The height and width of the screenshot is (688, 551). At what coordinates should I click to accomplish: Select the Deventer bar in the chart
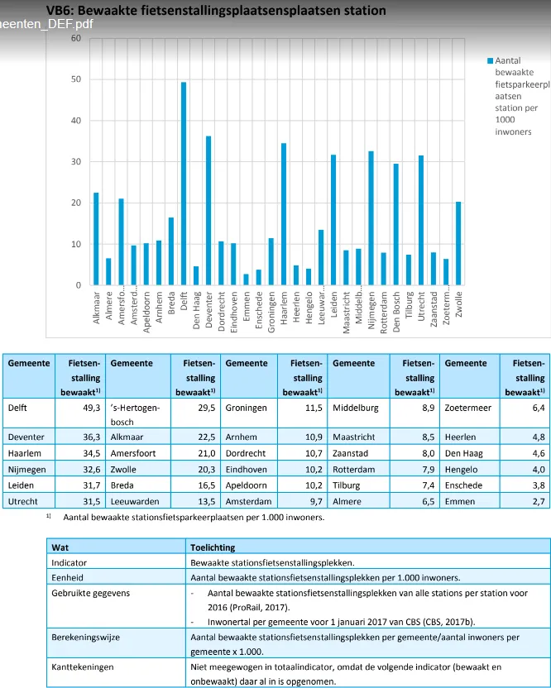click(x=208, y=211)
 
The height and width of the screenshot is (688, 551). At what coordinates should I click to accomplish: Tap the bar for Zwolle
click(x=458, y=243)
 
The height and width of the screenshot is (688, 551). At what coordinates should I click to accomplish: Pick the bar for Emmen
click(x=246, y=279)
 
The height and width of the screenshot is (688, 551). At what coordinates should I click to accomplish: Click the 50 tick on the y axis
click(x=76, y=79)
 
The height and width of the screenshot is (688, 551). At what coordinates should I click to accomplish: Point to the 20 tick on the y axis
click(x=76, y=203)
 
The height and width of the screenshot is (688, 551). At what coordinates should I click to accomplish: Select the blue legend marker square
click(x=490, y=61)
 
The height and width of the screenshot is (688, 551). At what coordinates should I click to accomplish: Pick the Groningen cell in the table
click(x=246, y=408)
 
